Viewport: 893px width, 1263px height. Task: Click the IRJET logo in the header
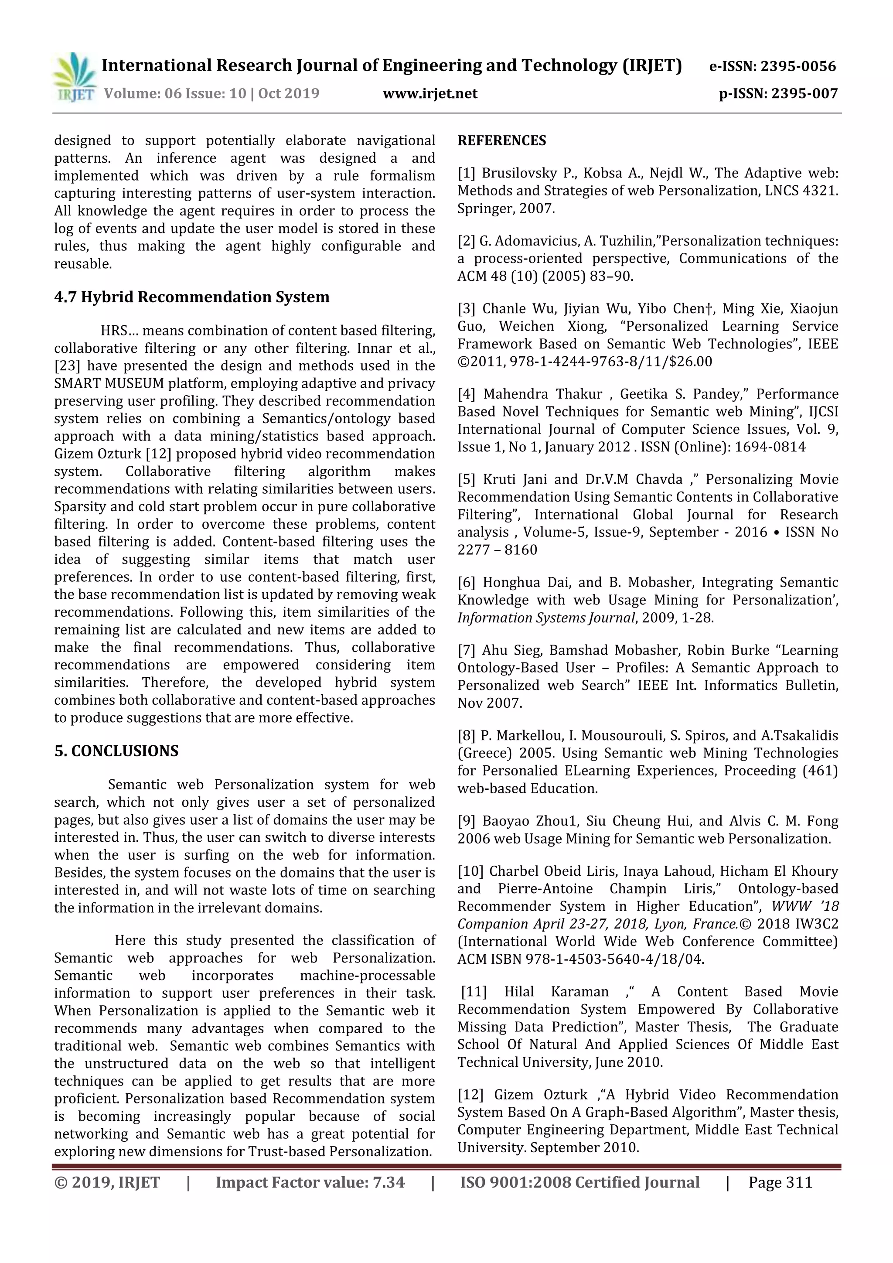[x=74, y=78]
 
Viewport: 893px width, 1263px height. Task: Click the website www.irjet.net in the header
[x=430, y=93]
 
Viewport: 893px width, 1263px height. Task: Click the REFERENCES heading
[x=501, y=141]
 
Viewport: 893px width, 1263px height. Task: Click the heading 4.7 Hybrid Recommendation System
[x=191, y=297]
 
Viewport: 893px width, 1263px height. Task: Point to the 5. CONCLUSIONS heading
[x=116, y=751]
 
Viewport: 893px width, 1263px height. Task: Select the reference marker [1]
[x=467, y=173]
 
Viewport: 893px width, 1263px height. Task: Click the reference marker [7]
[x=467, y=650]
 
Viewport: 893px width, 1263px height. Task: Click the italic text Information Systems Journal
[x=546, y=618]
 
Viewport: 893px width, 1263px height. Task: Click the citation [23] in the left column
[x=67, y=366]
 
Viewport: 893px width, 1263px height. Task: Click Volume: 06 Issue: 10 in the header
[x=175, y=93]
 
